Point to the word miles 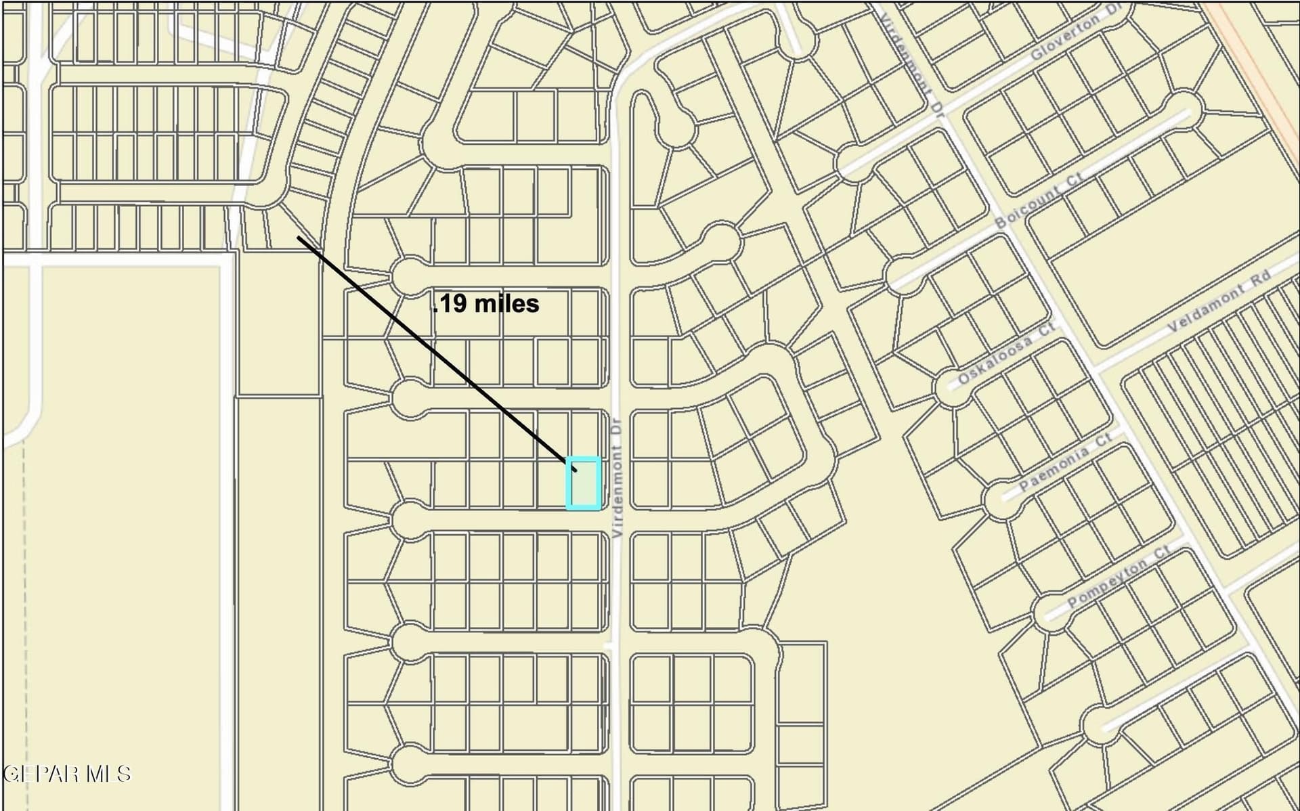pos(506,303)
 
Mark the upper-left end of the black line pos(299,238)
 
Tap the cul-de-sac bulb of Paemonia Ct pos(999,500)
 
